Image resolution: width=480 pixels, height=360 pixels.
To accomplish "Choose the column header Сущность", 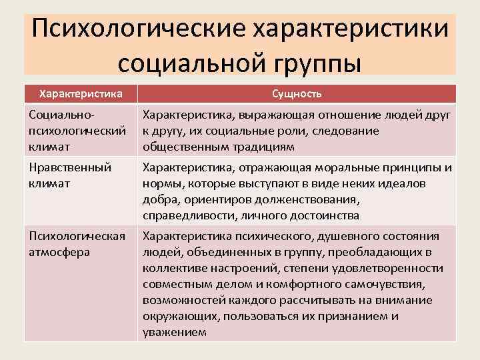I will (297, 93).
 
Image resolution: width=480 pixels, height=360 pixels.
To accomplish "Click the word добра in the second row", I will (159, 199).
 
